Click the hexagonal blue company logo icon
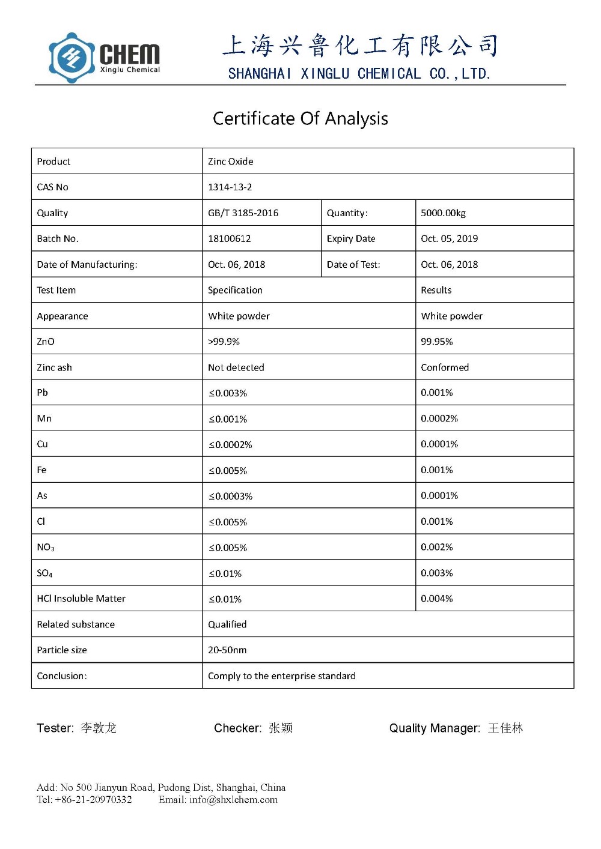[x=72, y=58]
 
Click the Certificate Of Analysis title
[x=300, y=118]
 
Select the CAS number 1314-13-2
[x=230, y=187]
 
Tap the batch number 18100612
[x=229, y=238]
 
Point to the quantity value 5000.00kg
[x=443, y=213]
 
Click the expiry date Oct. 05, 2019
[x=449, y=238]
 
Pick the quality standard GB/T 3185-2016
[x=243, y=213]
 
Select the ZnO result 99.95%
[x=436, y=341]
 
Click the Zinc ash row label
[x=54, y=367]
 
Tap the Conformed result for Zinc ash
[x=444, y=367]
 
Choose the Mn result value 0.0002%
[x=439, y=418]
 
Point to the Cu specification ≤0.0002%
[x=230, y=444]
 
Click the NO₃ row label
[x=46, y=547]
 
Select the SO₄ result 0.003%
[x=436, y=573]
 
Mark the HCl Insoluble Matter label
[x=81, y=598]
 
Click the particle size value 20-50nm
[x=227, y=650]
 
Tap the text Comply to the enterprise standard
[x=281, y=675]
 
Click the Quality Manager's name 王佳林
[x=505, y=728]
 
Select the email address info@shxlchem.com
[x=233, y=799]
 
